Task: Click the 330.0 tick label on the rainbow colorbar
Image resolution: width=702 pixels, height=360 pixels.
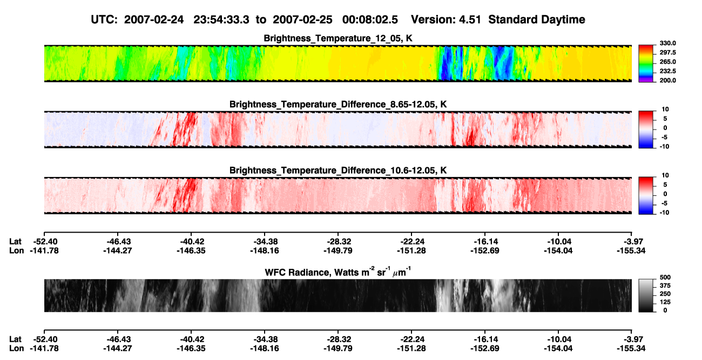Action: (x=667, y=43)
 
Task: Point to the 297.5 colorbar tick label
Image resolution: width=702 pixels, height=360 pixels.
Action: (x=667, y=53)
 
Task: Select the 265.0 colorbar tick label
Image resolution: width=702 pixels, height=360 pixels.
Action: (x=667, y=62)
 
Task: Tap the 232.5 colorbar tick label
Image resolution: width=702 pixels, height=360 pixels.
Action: (x=667, y=71)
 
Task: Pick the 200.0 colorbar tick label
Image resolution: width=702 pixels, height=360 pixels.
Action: (x=667, y=80)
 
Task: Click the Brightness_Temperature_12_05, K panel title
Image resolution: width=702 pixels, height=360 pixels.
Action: (x=338, y=38)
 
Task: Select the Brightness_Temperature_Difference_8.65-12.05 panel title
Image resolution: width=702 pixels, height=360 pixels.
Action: (x=338, y=104)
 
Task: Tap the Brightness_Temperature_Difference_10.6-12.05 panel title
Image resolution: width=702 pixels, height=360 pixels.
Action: (x=338, y=171)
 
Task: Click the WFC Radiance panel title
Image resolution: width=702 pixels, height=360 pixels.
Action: (x=338, y=271)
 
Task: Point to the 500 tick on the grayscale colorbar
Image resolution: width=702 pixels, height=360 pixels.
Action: (x=665, y=277)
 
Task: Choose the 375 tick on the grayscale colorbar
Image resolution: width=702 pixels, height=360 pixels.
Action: (x=665, y=286)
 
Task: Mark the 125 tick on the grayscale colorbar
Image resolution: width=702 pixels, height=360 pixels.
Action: (x=665, y=302)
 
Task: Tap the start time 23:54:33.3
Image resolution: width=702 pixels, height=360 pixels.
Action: (x=221, y=20)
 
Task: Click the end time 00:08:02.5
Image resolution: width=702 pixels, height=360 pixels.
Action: (x=370, y=20)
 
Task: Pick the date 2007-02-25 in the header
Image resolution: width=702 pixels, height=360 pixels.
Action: (x=302, y=20)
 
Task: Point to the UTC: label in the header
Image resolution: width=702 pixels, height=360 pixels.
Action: (x=104, y=20)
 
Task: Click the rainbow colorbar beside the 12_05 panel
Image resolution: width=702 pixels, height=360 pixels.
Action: (x=646, y=64)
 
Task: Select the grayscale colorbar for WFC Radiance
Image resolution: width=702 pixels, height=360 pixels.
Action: (x=646, y=295)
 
